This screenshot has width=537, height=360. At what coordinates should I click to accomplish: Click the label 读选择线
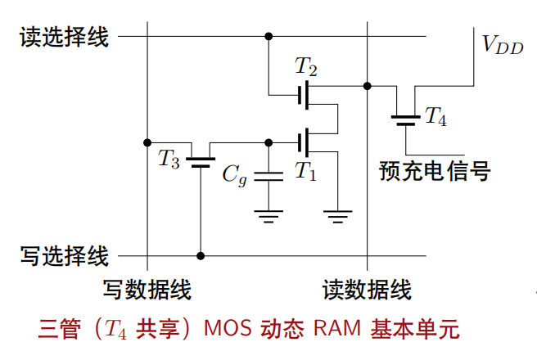[x=64, y=38]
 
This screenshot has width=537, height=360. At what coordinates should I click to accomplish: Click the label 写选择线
[x=64, y=256]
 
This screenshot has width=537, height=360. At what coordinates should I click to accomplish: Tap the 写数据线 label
[x=147, y=290]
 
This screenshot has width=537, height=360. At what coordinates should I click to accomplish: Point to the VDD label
[x=502, y=46]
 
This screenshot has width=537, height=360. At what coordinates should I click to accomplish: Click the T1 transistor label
[x=305, y=170]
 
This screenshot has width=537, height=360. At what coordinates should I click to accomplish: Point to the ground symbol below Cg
[x=268, y=216]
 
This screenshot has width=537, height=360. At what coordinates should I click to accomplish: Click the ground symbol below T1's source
[x=336, y=216]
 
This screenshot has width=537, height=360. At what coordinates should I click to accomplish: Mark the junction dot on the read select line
[x=268, y=36]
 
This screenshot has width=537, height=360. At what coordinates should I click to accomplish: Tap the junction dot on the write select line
[x=201, y=256]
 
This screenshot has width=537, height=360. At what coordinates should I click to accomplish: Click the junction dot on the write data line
[x=147, y=142]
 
